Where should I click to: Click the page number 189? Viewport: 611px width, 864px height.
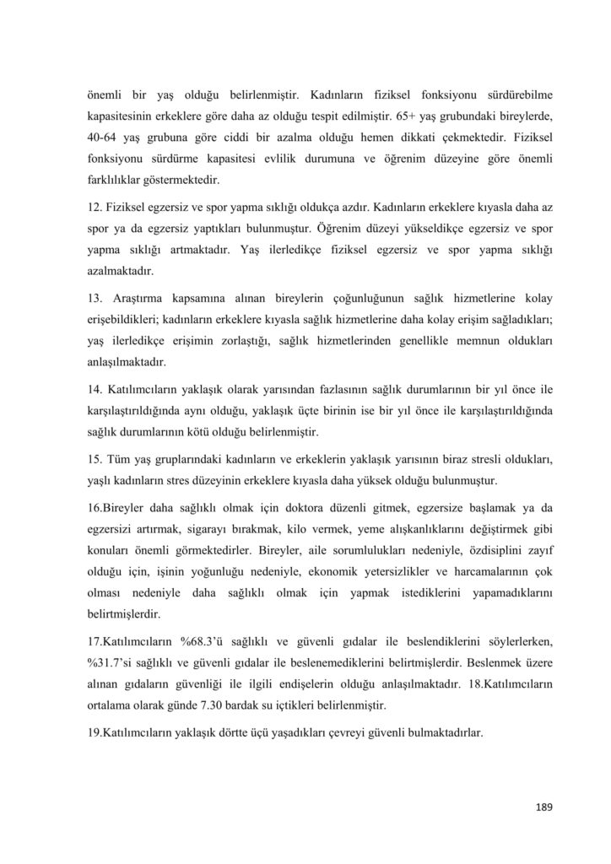(543, 807)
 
